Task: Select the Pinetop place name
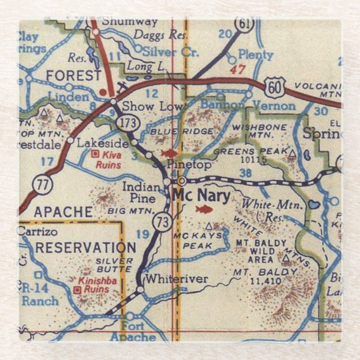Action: [x=189, y=165]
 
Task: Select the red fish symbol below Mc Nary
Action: [x=205, y=210]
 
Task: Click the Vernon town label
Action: [x=274, y=106]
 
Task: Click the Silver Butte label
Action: [x=115, y=264]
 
